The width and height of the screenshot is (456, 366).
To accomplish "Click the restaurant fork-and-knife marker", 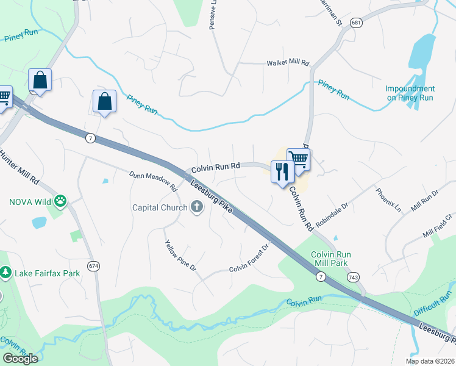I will point(281,171).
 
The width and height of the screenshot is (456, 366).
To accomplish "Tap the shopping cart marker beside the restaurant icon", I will point(298,159).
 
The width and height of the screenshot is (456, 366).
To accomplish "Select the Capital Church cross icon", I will point(196,207).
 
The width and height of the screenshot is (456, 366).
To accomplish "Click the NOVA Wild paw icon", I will point(60,201).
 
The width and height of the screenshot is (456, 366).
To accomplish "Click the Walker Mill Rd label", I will point(288,63).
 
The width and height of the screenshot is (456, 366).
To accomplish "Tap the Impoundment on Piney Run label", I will point(410,93).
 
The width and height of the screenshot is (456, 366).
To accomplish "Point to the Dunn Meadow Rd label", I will point(152,181).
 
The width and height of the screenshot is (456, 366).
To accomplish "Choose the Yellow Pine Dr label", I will point(180,255).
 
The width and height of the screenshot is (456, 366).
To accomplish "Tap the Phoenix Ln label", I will point(388,199).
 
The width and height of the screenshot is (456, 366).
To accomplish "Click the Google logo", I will point(20,358).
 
